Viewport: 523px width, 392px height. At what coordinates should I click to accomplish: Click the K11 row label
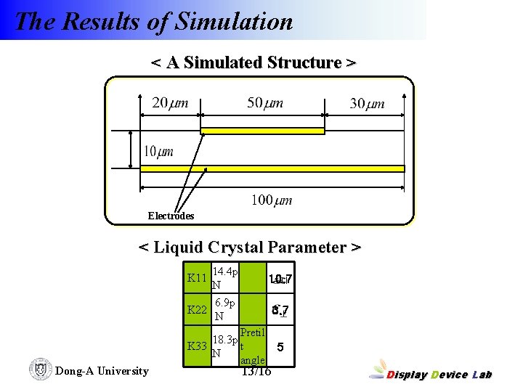click(x=197, y=278)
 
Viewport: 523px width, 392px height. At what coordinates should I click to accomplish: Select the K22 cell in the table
click(x=197, y=310)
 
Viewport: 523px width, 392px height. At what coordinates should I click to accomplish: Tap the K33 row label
click(x=197, y=346)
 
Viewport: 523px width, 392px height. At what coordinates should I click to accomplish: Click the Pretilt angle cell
click(x=253, y=346)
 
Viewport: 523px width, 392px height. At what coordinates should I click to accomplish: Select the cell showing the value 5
click(x=280, y=346)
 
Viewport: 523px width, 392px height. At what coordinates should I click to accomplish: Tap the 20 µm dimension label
click(x=170, y=103)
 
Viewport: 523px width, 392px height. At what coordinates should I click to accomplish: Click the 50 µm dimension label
click(x=265, y=103)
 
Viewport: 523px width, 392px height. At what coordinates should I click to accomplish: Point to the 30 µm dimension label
click(x=367, y=104)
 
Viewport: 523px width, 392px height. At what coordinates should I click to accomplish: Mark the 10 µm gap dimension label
click(x=158, y=152)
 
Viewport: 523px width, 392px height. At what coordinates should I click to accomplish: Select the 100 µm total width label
click(x=271, y=200)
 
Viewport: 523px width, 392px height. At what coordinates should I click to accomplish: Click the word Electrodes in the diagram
click(x=171, y=216)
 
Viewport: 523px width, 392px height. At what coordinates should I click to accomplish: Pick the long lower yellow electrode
click(x=272, y=168)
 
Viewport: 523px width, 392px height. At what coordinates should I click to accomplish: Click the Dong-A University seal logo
click(x=40, y=369)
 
